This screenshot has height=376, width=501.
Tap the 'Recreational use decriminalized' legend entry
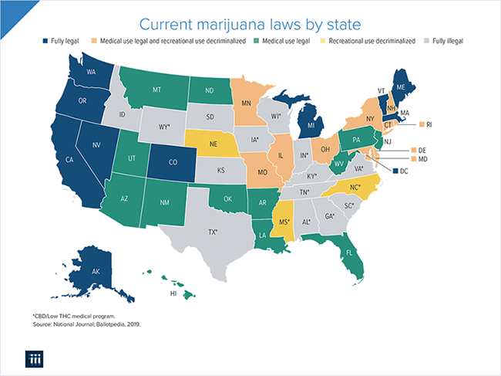(x=372, y=39)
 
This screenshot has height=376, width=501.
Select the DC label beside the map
(x=405, y=171)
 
